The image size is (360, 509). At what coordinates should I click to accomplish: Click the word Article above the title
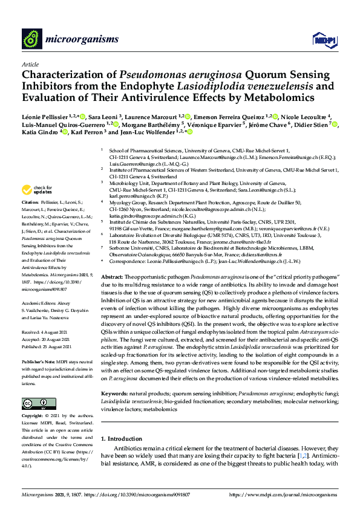(x=30, y=64)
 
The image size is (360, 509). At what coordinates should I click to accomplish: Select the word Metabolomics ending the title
(x=262, y=97)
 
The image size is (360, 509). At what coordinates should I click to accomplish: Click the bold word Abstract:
(x=112, y=275)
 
